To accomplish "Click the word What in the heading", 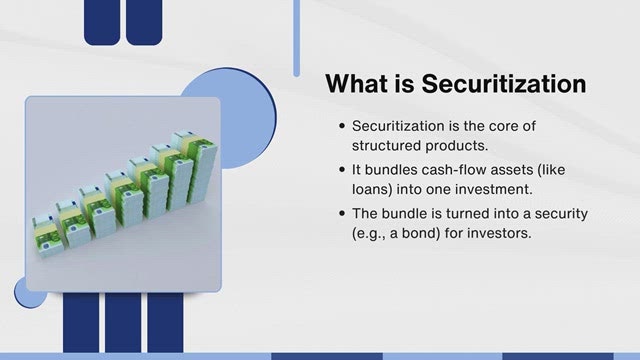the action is (x=356, y=84).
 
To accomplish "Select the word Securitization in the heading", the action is (x=504, y=84).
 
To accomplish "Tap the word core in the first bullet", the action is (x=503, y=126).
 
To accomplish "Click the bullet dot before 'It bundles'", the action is (x=342, y=169).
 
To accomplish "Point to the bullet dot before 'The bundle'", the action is (x=342, y=213).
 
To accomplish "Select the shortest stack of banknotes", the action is (x=45, y=237).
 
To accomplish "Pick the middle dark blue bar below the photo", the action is (x=123, y=322).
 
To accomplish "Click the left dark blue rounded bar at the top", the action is (x=102, y=22).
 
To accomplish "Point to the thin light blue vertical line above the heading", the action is (x=296, y=38).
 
